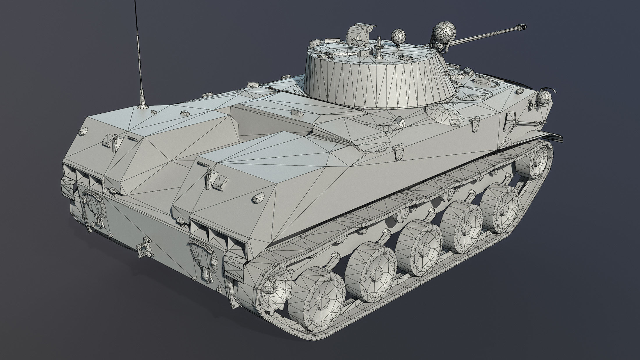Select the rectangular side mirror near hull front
(511, 120)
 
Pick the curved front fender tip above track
(554, 137)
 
